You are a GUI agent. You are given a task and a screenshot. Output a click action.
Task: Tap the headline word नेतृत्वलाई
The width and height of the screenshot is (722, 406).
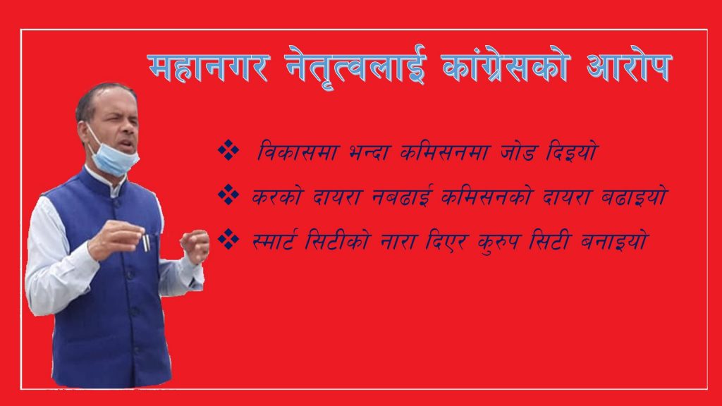[353, 68]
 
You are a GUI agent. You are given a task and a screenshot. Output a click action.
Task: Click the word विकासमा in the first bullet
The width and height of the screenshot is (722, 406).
[285, 153]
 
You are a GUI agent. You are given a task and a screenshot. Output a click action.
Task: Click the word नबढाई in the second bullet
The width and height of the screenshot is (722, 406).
[390, 197]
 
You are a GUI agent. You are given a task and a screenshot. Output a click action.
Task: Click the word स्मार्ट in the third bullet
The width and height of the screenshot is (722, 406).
[276, 240]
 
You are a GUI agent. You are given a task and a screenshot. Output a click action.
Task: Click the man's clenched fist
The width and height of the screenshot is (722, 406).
[195, 245]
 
